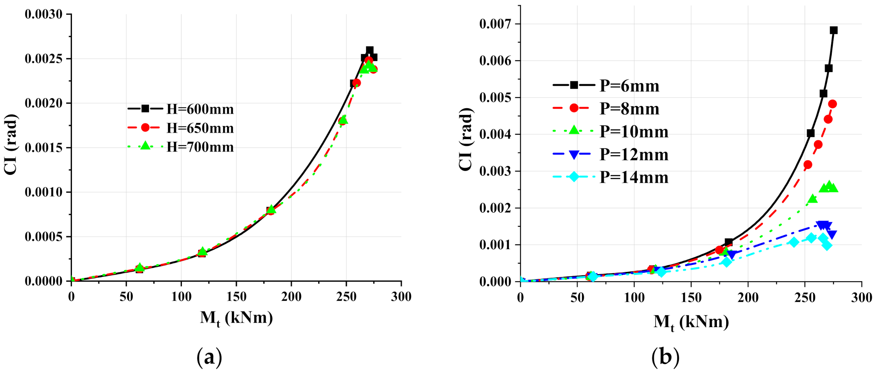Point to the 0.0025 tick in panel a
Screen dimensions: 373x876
[x=43, y=59]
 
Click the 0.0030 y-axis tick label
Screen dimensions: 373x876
[x=43, y=15]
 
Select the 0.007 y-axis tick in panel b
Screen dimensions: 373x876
[x=495, y=24]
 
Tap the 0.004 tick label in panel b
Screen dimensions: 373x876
[x=495, y=134]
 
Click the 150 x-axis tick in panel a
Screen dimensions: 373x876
[x=236, y=297]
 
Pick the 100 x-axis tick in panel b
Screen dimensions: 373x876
[x=634, y=298]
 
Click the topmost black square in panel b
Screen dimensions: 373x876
[x=834, y=30]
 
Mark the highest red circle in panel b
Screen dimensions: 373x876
[x=832, y=104]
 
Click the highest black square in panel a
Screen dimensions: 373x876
[x=370, y=50]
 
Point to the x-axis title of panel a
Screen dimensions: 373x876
[x=236, y=318]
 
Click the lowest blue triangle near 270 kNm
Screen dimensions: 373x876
[x=832, y=235]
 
